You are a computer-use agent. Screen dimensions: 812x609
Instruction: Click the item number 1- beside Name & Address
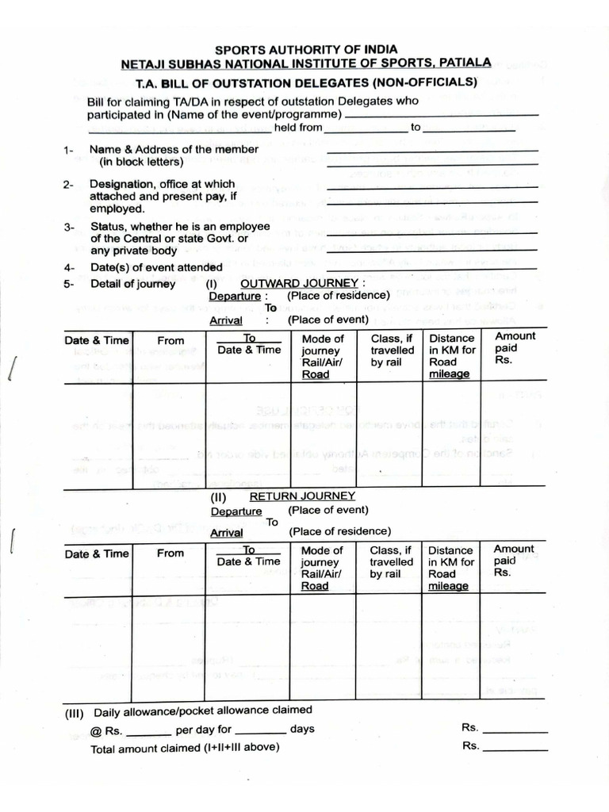pos(69,150)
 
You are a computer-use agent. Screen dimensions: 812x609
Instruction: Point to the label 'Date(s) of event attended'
pos(155,268)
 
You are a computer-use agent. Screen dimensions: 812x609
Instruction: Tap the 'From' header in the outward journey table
pos(170,340)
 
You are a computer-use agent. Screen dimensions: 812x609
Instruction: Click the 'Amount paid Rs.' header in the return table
pos(514,560)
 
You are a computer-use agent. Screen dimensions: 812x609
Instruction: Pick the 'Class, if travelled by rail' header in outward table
pos(392,350)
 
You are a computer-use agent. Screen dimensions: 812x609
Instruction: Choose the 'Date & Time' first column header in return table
pos(97,553)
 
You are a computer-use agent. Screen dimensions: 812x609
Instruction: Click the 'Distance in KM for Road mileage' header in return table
pos(451,568)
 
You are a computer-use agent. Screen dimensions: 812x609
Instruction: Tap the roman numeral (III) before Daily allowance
pos(76,712)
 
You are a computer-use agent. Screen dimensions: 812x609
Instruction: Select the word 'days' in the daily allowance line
pos(302,729)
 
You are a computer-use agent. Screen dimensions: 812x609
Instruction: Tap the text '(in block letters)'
pos(141,163)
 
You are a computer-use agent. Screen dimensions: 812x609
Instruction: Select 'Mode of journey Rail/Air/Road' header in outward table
pos(323,356)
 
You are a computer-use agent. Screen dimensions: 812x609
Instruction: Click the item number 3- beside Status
pos(69,228)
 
